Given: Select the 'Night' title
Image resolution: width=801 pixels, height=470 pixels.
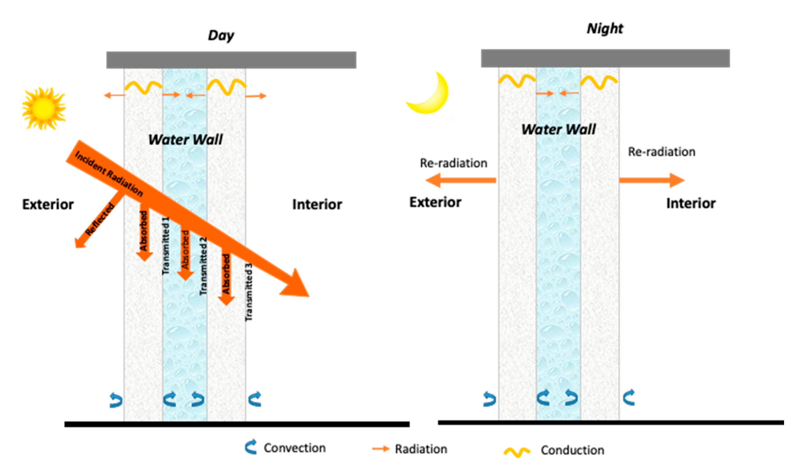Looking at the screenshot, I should point(605,29).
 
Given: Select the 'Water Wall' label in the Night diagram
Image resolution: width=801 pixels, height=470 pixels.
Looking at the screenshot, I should point(558,129).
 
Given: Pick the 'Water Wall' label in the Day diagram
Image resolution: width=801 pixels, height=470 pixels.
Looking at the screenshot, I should point(185,140).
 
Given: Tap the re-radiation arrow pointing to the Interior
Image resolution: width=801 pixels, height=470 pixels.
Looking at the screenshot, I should point(652,180).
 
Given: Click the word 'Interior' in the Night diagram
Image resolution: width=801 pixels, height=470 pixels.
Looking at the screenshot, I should point(691,203).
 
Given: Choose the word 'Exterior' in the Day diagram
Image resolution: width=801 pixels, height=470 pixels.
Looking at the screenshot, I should point(48,204).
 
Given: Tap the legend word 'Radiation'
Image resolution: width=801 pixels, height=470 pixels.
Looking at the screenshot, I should point(421,449).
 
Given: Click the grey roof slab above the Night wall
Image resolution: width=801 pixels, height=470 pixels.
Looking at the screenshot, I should point(605,58).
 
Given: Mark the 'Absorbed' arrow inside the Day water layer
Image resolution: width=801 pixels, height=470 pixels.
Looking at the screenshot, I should point(185,253).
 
